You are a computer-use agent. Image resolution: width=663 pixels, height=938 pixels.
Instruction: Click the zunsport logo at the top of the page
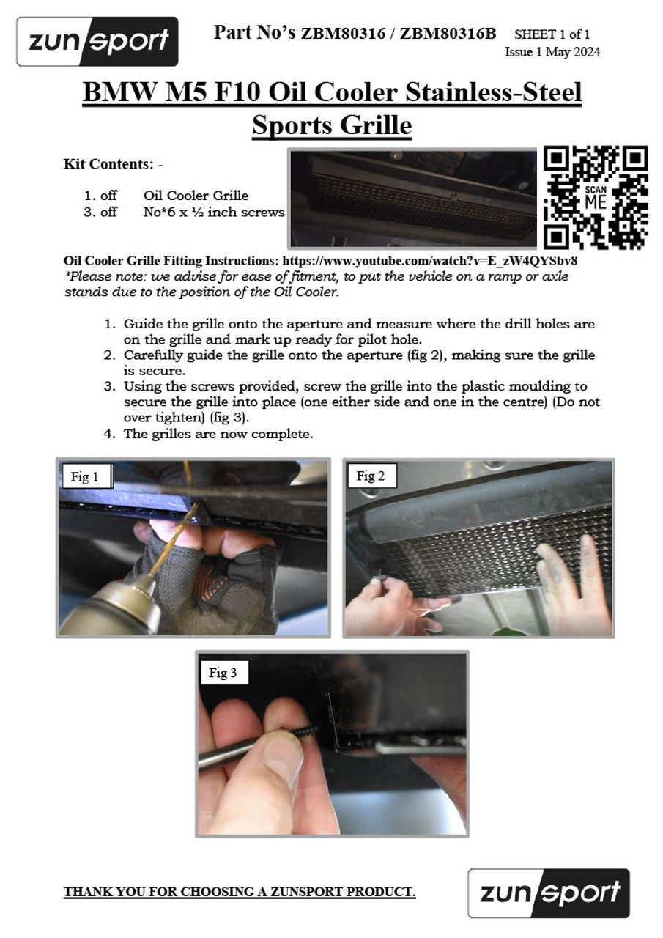point(97,42)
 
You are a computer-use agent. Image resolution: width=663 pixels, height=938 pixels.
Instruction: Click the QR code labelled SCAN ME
point(596,197)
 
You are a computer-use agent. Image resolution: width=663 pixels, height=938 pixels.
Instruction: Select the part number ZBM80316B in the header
point(448,33)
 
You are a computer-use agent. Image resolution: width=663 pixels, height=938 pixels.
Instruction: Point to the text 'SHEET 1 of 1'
point(552,34)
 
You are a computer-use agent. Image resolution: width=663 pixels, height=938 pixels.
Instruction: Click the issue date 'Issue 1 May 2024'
point(552,52)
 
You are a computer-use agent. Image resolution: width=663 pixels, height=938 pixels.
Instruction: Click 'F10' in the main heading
point(237,92)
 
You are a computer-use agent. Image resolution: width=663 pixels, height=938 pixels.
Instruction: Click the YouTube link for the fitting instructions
point(430,261)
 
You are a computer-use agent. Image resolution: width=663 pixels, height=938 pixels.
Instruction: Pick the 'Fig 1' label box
point(87,476)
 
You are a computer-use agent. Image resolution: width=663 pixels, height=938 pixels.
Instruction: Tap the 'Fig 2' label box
point(371,476)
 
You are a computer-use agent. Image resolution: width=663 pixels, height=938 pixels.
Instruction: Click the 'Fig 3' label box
point(223,673)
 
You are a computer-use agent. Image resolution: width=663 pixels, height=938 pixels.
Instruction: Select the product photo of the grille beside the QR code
point(412,198)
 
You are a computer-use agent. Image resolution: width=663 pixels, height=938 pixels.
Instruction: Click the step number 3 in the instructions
point(110,386)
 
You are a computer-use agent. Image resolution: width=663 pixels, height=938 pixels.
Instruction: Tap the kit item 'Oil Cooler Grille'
point(196,196)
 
